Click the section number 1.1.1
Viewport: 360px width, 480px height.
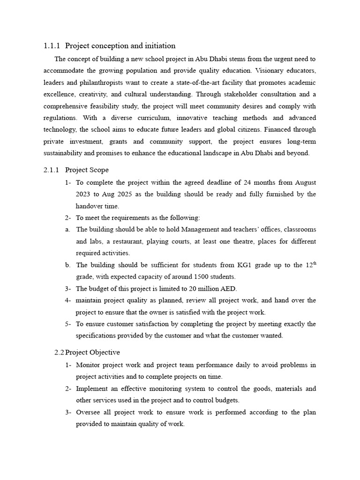[x=52, y=46]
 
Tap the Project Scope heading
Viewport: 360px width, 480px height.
[x=87, y=170]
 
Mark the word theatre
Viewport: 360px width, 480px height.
[x=243, y=241]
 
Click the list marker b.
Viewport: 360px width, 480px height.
[x=68, y=265]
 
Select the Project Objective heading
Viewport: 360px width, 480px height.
[x=92, y=352]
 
